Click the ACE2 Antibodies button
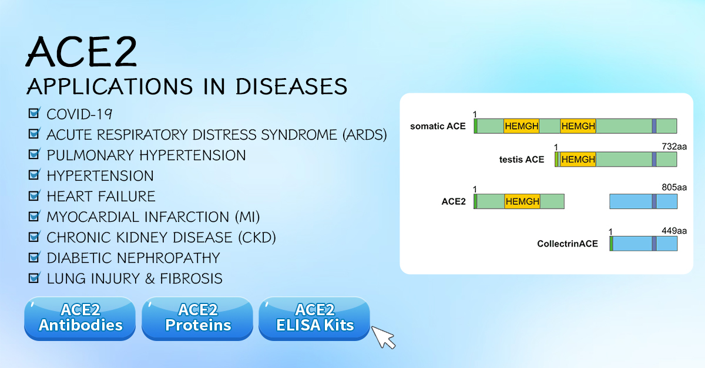coord(80,318)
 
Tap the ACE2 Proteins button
coord(198,318)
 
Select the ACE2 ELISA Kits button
coord(315,318)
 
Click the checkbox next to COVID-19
coord(34,113)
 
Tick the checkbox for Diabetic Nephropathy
coord(34,257)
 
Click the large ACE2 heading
coord(82,52)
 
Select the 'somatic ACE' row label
coord(438,126)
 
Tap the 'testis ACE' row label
coord(522,160)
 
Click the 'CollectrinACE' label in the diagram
coord(568,244)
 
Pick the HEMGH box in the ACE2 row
coord(522,202)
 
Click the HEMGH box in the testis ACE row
coord(578,160)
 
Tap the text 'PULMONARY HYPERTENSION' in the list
coord(146,155)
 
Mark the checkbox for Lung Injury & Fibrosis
coord(34,278)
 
